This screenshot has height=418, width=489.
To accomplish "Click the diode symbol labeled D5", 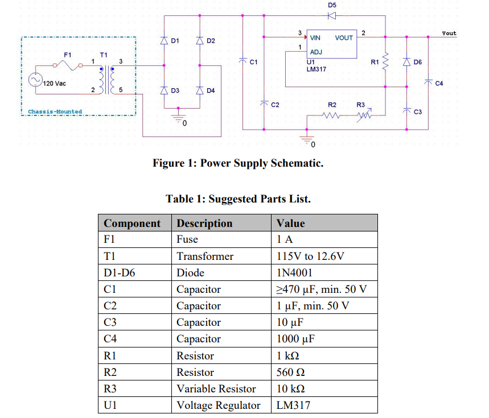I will click(x=332, y=15).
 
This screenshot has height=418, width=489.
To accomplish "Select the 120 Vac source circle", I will click(x=36, y=81).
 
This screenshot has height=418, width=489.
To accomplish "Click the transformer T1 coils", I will click(x=106, y=79).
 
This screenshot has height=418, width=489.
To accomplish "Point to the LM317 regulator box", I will click(x=332, y=44).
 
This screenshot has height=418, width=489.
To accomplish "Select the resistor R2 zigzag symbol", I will click(x=332, y=115).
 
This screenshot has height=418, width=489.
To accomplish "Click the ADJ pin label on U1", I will click(x=315, y=52).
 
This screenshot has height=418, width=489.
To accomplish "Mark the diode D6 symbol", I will click(x=406, y=61).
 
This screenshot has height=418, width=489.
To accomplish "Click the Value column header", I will click(x=291, y=223).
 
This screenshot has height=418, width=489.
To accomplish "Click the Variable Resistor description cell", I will click(x=216, y=389).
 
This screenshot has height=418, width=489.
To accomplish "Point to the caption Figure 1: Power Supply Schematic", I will click(x=238, y=163).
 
